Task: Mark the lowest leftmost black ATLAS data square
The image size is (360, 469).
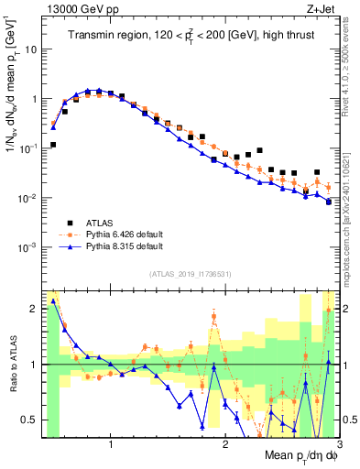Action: [x=54, y=145]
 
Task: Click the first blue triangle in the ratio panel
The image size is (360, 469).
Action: [x=54, y=301]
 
